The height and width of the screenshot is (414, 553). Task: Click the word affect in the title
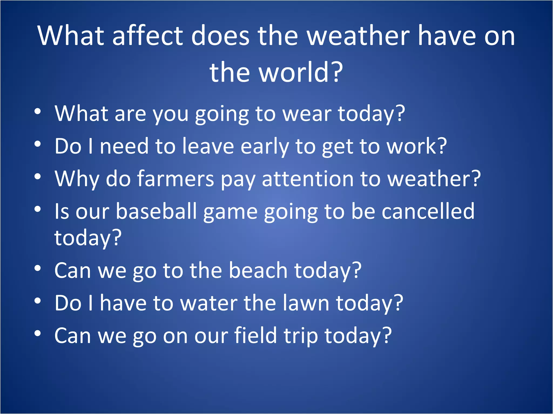click(x=148, y=36)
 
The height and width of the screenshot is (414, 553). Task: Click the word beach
click(x=258, y=270)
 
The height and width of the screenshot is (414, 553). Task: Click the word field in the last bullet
click(x=255, y=335)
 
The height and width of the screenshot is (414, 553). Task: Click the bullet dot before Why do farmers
click(x=38, y=177)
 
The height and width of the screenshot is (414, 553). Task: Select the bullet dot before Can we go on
click(x=38, y=333)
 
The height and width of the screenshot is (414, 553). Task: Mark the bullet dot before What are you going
click(x=38, y=111)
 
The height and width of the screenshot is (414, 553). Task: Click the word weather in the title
click(x=359, y=36)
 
